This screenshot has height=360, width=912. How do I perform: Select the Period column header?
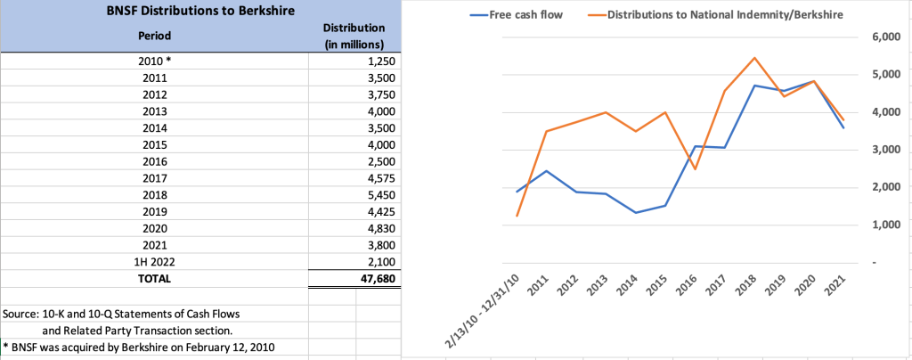coord(155,37)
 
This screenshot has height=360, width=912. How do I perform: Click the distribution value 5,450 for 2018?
coord(378,195)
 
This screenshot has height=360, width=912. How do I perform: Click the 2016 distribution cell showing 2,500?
coord(378,161)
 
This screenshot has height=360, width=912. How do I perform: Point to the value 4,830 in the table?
coord(378,228)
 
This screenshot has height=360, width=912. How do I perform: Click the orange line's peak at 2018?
coord(754,58)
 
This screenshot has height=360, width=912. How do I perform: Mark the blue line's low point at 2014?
coord(636,212)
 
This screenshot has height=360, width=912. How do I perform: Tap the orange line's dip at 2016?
coord(695,169)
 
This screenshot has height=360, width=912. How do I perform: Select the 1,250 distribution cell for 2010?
coord(378,61)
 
